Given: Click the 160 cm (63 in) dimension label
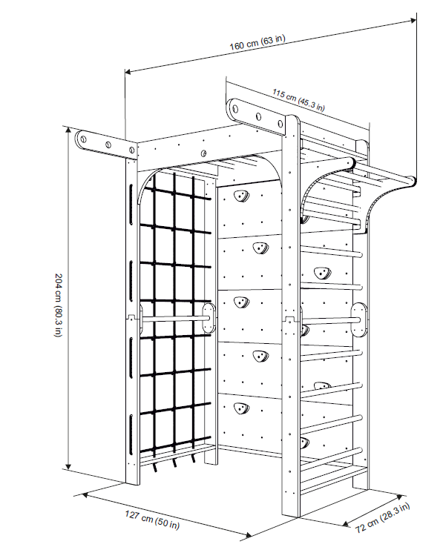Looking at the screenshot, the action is tap(257, 42).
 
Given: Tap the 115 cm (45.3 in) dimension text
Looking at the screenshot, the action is tap(298, 100).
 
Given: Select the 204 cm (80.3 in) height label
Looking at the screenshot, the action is tap(58, 305).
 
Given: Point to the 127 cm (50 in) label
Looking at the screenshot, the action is tap(152, 520).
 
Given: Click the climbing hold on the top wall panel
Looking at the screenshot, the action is tap(240, 196).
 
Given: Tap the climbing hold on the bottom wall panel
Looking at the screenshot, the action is tap(240, 408).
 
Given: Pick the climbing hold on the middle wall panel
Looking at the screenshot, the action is tap(240, 302).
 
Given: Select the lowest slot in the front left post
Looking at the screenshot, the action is tap(131, 435).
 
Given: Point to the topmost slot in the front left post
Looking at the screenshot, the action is tap(131, 205).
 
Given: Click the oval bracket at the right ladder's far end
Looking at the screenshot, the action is tap(359, 320).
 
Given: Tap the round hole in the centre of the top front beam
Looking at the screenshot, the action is tap(203, 153).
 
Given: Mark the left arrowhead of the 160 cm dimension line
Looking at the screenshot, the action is tap(128, 72).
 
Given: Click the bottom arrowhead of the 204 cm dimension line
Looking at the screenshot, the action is tap(69, 466).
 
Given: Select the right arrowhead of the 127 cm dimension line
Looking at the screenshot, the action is tap(249, 535).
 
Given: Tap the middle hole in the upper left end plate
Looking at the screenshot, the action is tap(108, 145).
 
